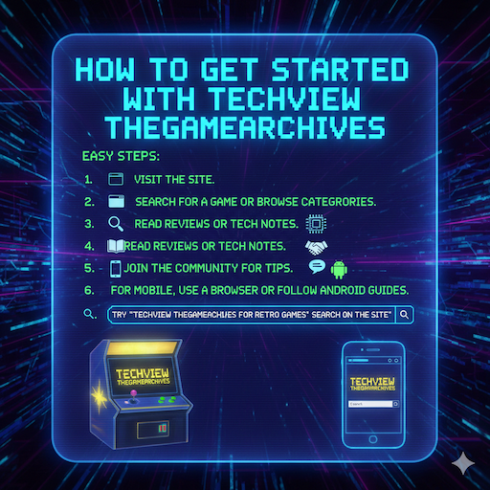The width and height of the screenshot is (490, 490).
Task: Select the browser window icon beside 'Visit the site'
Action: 117,179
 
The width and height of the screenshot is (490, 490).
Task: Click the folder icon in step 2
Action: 117,202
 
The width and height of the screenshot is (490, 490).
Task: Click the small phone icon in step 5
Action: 116,268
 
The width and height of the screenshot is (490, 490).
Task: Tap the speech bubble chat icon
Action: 315,267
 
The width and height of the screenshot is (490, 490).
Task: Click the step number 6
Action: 88,290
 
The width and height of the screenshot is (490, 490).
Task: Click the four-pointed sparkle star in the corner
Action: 463,461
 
